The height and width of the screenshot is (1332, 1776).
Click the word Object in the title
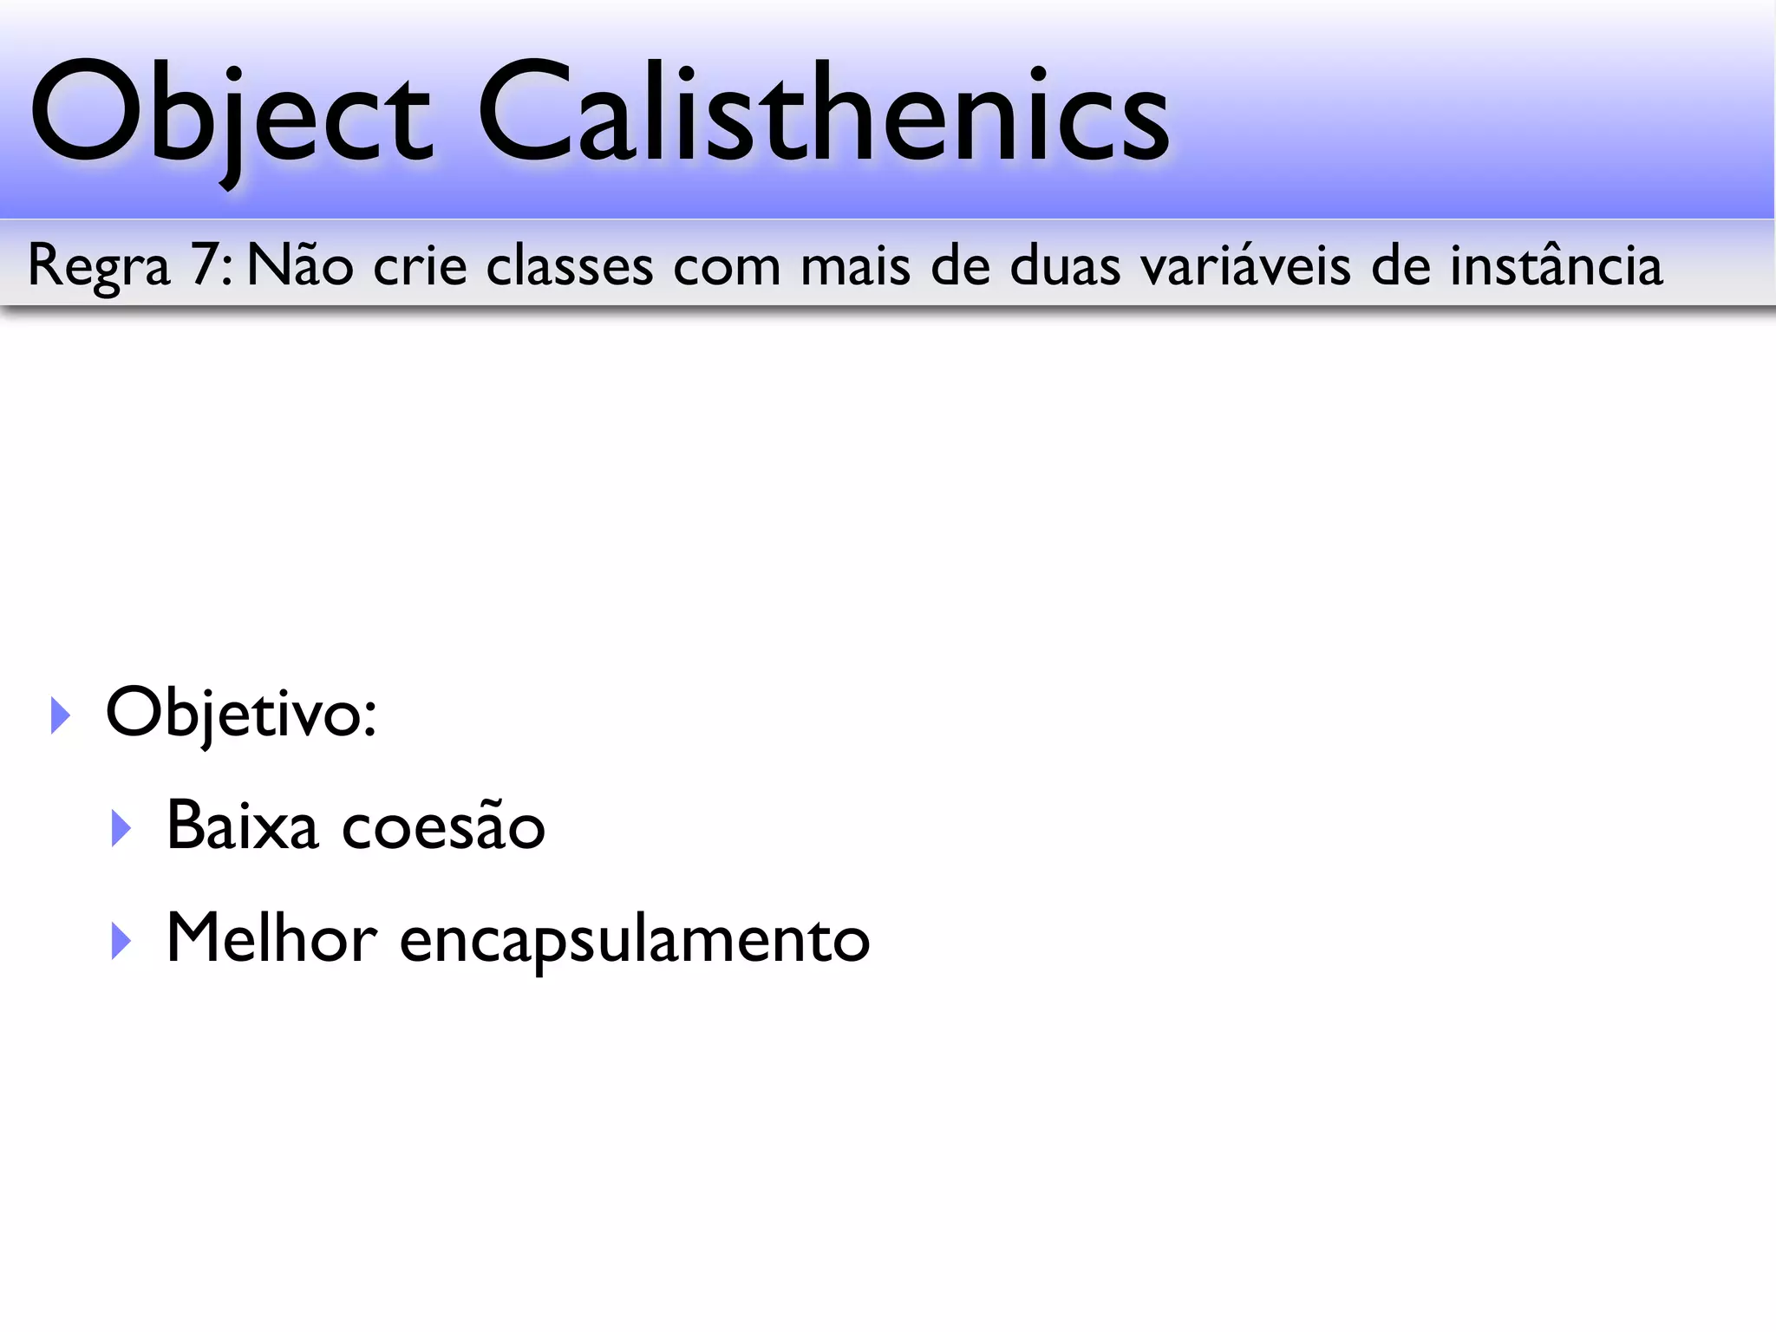point(230,113)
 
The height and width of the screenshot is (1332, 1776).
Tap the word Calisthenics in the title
point(824,113)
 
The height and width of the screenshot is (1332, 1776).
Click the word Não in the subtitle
point(300,264)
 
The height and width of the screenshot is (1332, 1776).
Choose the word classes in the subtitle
point(569,264)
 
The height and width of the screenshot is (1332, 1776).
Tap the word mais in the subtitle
point(855,264)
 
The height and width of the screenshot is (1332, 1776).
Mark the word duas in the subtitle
point(1065,264)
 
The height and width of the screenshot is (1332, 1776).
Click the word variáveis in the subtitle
point(1245,264)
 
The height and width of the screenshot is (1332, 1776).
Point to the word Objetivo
point(240,713)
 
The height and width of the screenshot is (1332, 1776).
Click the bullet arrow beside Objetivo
point(60,715)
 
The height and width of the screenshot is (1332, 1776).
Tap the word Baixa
point(242,826)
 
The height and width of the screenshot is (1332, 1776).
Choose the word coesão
point(443,826)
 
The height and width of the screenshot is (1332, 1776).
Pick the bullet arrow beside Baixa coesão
point(121,828)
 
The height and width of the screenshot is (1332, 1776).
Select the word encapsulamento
point(634,941)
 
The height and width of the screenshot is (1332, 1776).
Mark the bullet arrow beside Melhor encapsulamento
point(121,941)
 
